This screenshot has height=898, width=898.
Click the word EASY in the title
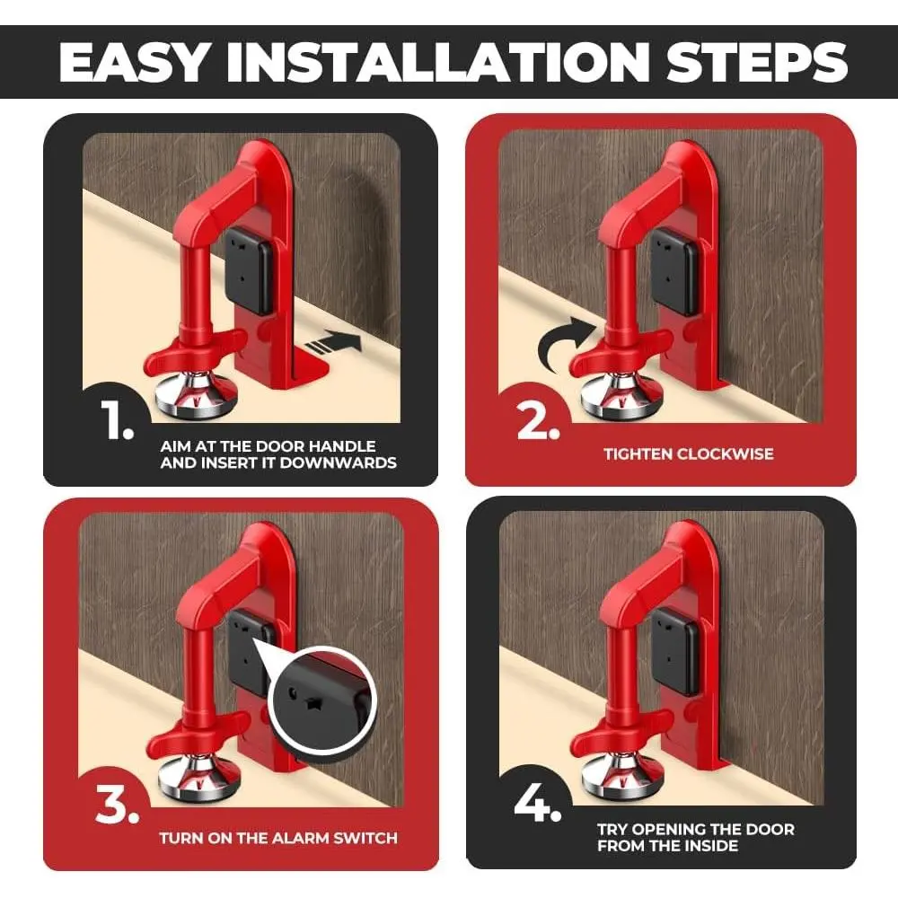coord(133,62)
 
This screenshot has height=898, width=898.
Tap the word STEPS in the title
coord(757,62)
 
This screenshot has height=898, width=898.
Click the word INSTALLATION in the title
coord(437,62)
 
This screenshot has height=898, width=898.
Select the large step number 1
coord(118,419)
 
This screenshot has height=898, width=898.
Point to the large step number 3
coord(118,804)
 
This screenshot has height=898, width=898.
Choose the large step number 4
coord(537,802)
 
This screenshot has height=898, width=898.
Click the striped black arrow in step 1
coord(333,343)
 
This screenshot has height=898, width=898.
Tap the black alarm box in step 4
coord(676,652)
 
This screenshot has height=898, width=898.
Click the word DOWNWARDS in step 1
coord(338,462)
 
